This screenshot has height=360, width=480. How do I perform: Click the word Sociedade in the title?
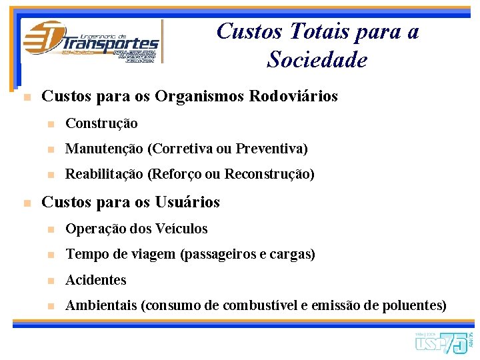(317, 60)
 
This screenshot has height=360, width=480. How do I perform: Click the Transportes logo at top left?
(91, 41)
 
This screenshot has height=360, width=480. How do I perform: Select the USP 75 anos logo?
(443, 342)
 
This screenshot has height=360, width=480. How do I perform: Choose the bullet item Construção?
(101, 123)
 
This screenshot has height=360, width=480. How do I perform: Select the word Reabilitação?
(104, 174)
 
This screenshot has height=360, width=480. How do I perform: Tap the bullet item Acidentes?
(95, 280)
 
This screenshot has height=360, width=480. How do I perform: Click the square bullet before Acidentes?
(49, 281)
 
